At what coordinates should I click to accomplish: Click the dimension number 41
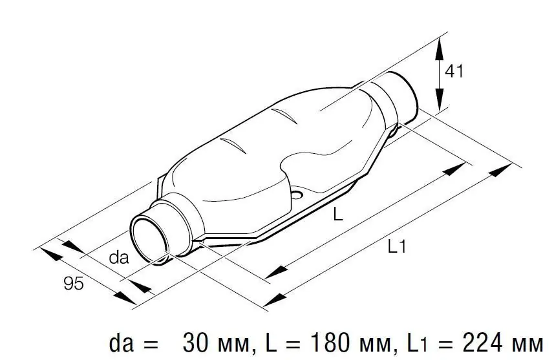[x=454, y=71]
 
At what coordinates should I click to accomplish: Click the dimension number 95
[x=74, y=283]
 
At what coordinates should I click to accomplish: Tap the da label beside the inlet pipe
[x=119, y=257]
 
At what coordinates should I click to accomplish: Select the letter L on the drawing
[x=338, y=213]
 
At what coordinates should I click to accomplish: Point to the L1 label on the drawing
[x=397, y=246]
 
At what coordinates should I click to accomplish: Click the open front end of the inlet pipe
[x=149, y=239]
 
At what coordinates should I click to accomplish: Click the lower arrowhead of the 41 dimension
[x=439, y=100]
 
